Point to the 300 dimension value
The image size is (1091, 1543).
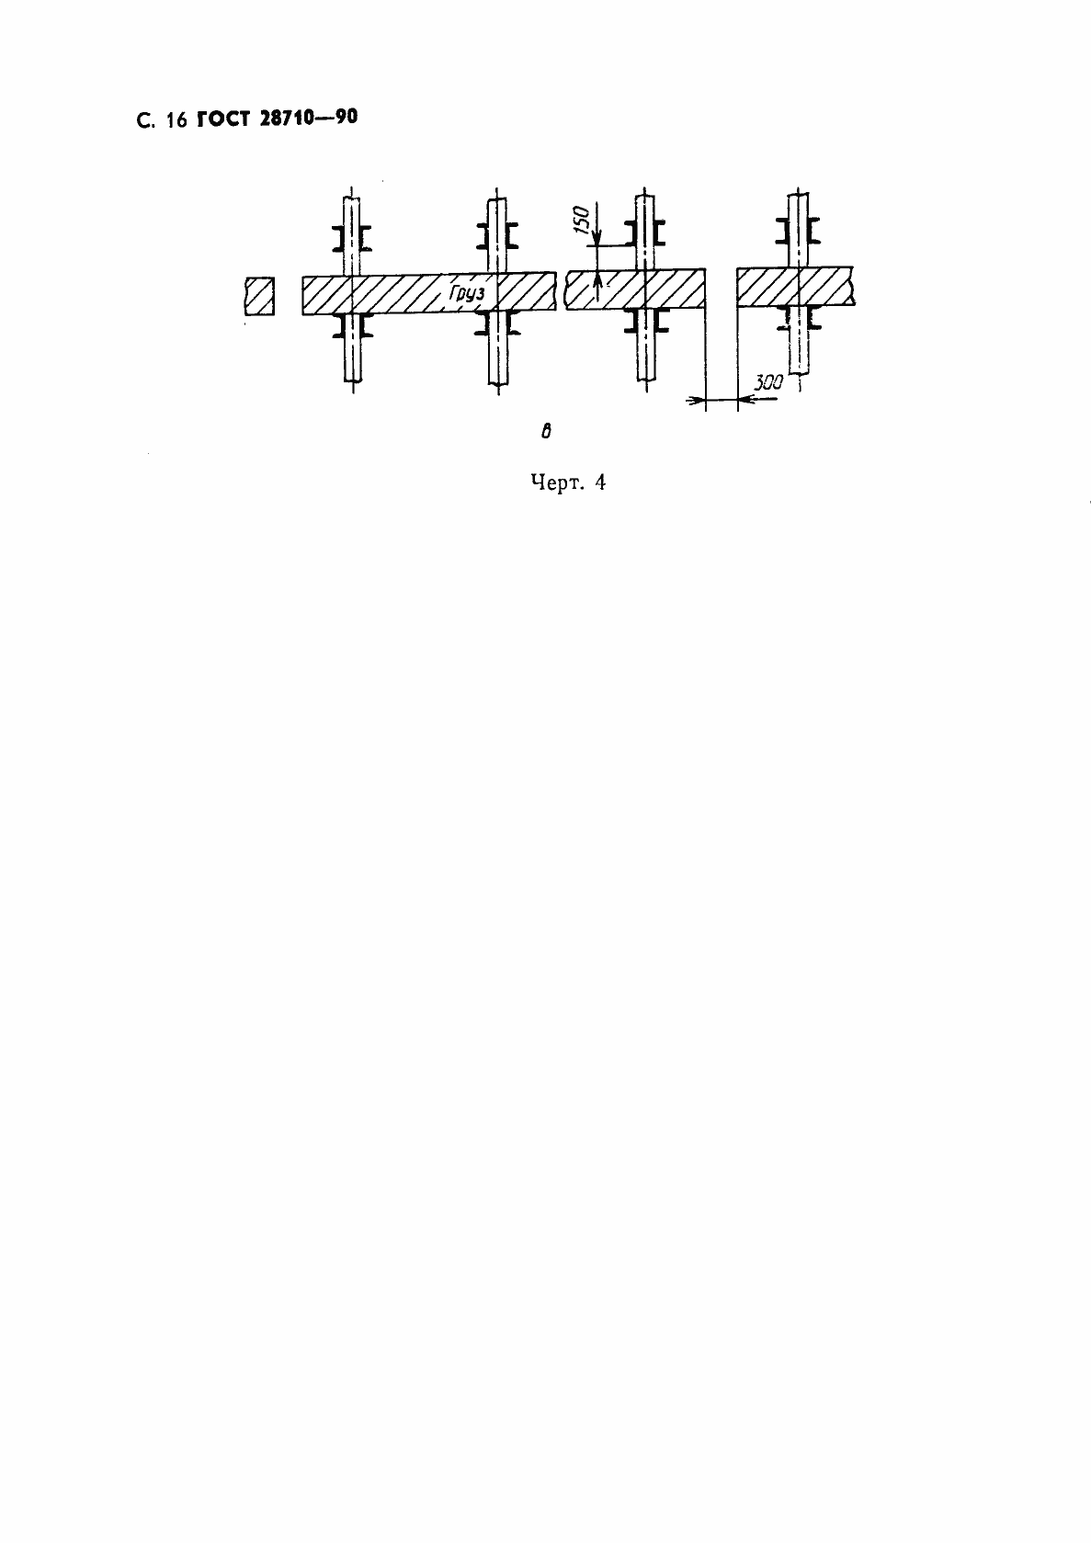tap(767, 383)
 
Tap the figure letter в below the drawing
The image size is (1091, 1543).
tap(546, 431)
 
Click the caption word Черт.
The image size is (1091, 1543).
tap(554, 483)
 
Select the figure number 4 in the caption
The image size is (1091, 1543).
tap(599, 483)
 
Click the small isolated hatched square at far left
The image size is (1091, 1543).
tap(259, 296)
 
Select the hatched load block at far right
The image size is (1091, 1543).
tap(796, 286)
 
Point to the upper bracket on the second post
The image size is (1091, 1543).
tap(497, 237)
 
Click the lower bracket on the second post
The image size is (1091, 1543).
tap(497, 322)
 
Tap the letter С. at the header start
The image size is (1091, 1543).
tap(143, 121)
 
